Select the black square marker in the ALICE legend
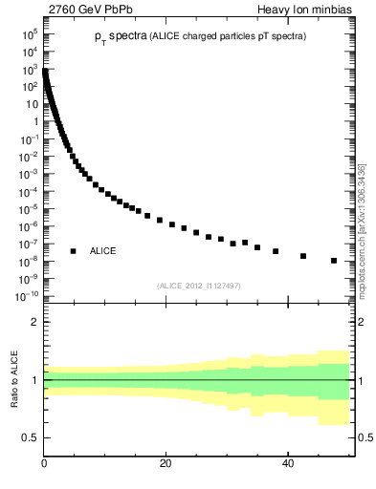coord(73,251)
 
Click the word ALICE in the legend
coord(102,251)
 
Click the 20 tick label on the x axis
coord(166,462)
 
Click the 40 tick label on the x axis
coord(288,462)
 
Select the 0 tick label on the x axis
coord(44,462)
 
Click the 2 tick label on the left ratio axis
coord(34,322)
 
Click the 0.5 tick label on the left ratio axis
coord(31,437)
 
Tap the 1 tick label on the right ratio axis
coord(363,380)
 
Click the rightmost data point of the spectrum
coord(334,261)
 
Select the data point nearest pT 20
coord(160,221)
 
